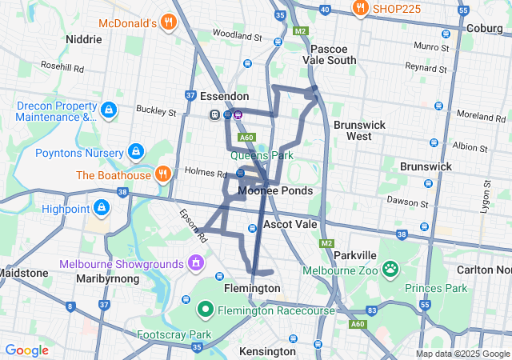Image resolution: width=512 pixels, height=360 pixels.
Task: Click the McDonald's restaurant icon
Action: pyautogui.click(x=167, y=22)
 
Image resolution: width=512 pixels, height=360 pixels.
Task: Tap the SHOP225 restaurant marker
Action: pyautogui.click(x=361, y=9)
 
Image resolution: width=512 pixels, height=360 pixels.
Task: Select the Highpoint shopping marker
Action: pyautogui.click(x=101, y=209)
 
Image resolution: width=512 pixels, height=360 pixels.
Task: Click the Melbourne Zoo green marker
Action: pyautogui.click(x=390, y=268)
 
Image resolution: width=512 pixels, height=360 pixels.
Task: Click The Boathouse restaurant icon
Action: pyautogui.click(x=163, y=174)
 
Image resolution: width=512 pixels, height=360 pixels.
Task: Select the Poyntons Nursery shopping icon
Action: pyautogui.click(x=136, y=151)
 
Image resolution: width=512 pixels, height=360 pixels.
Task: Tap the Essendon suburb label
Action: pyautogui.click(x=224, y=96)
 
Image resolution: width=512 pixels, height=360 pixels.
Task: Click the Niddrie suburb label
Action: pyautogui.click(x=84, y=38)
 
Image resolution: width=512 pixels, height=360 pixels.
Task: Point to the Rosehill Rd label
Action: pyautogui.click(x=62, y=68)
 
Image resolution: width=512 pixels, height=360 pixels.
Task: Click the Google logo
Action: pyautogui.click(x=26, y=350)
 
